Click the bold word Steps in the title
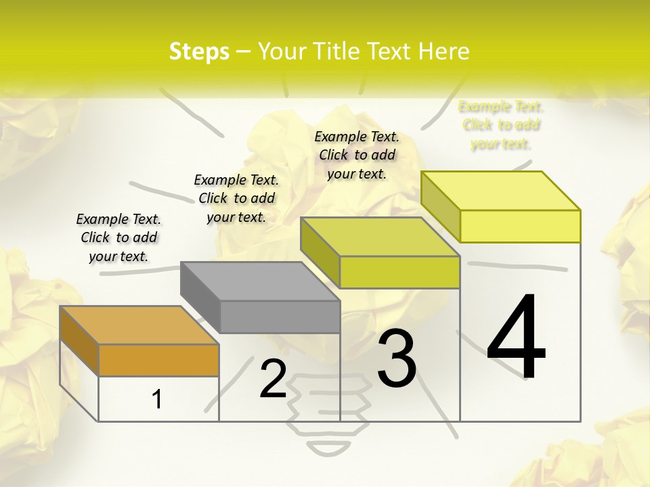[199, 51]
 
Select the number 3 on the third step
[397, 358]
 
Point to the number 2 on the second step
[273, 379]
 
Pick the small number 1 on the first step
[157, 399]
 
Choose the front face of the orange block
[158, 360]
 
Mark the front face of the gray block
[280, 317]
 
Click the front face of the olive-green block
[399, 272]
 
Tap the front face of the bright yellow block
[520, 226]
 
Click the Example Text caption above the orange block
[118, 237]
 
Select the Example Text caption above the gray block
[236, 198]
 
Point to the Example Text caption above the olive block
[357, 155]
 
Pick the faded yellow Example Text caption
[501, 125]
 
